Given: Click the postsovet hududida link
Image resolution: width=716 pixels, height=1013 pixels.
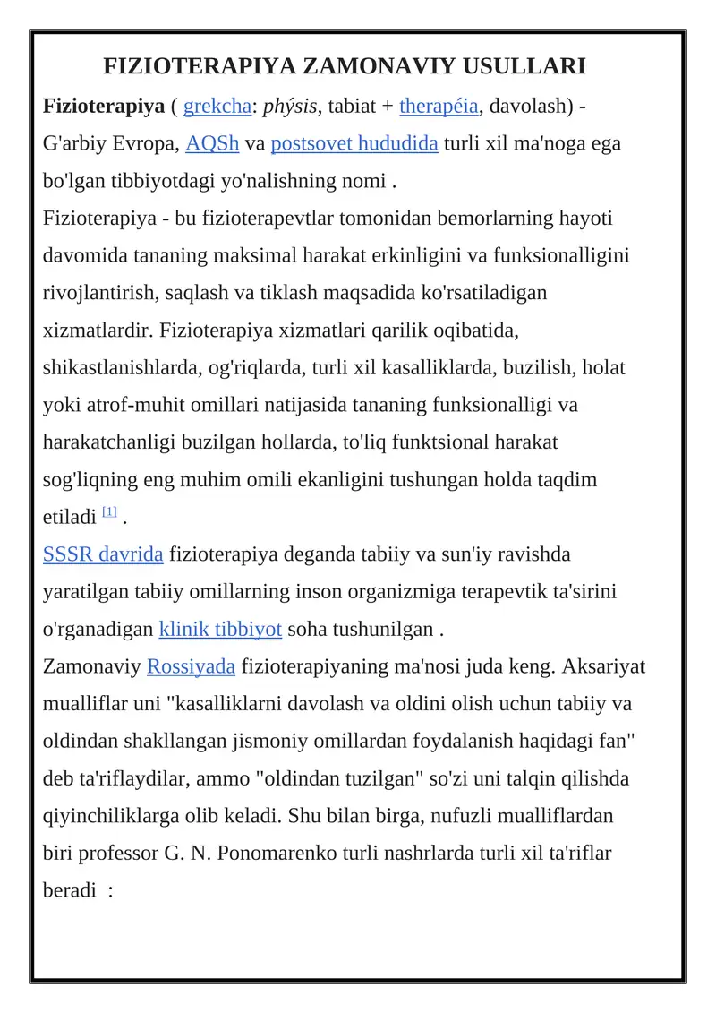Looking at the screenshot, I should [354, 144].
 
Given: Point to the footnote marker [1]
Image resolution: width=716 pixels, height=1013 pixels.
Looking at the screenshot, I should [109, 512].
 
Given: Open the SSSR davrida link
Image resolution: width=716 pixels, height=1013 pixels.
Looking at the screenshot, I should [103, 554].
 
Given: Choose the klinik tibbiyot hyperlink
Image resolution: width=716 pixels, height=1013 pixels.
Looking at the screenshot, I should [220, 629].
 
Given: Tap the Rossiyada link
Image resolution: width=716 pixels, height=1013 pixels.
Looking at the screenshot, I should [191, 666].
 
